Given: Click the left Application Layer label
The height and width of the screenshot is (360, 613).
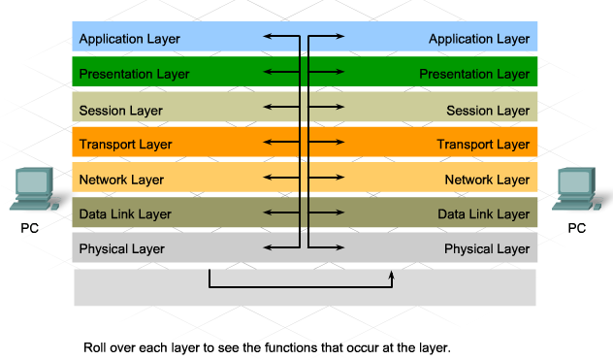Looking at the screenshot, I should click(129, 40).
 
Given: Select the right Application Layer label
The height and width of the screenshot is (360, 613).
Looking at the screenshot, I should click(479, 40).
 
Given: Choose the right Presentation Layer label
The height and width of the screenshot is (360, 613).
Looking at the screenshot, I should click(475, 74).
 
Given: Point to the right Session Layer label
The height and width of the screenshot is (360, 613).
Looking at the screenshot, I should click(488, 110).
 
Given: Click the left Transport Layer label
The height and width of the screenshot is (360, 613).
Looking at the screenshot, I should click(125, 145).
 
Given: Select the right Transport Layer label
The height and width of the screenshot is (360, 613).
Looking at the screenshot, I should click(483, 145).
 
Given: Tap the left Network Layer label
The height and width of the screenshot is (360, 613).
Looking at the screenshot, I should click(121, 180).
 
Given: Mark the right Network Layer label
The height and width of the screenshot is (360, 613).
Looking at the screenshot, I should click(487, 180).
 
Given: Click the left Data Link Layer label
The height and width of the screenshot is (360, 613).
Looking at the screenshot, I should click(125, 213).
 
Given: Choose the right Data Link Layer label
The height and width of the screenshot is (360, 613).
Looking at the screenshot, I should click(483, 213).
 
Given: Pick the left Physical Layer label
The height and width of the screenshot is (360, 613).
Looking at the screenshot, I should click(121, 248).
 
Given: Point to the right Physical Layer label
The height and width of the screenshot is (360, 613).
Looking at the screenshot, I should click(487, 248).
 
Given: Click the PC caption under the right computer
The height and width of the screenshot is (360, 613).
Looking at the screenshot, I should click(577, 230).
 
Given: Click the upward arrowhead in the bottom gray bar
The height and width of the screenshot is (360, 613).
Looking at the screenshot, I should click(392, 276).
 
